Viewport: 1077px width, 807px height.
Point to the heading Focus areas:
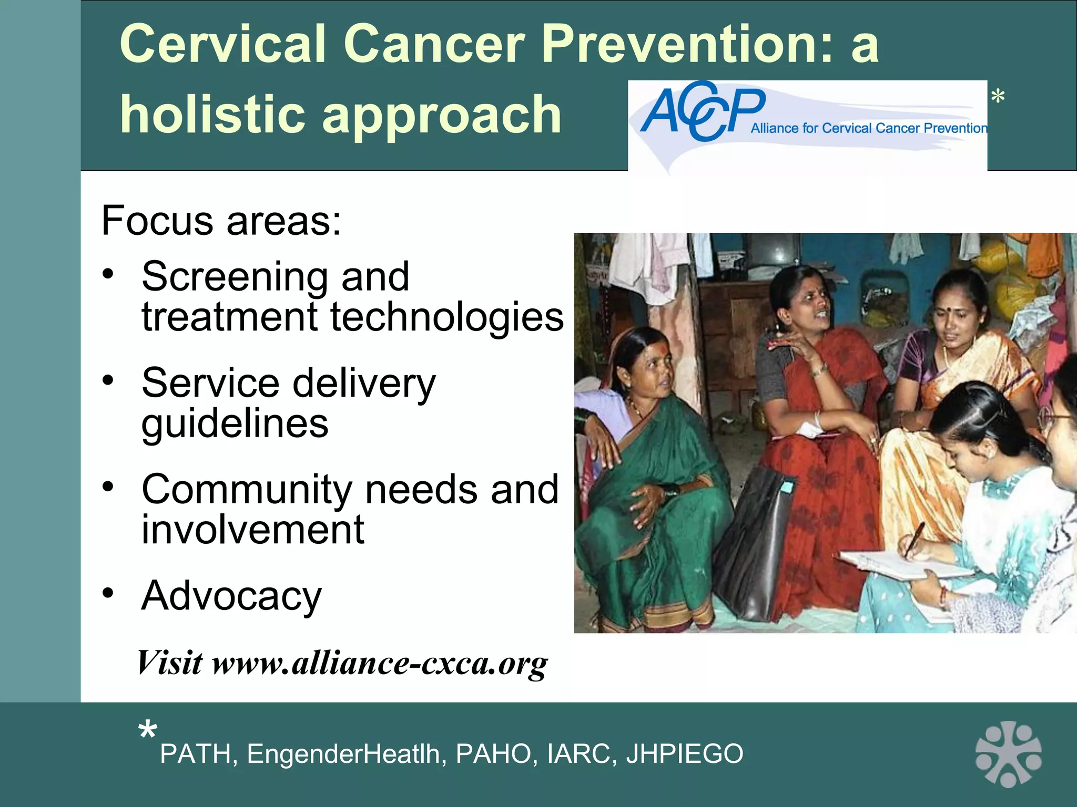[221, 221]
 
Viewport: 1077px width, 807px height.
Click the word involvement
[252, 530]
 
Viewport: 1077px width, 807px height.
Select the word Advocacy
[231, 596]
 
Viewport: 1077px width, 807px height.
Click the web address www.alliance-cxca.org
[379, 663]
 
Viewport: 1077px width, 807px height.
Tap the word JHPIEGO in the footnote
[684, 754]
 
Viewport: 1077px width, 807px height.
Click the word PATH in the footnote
[195, 754]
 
